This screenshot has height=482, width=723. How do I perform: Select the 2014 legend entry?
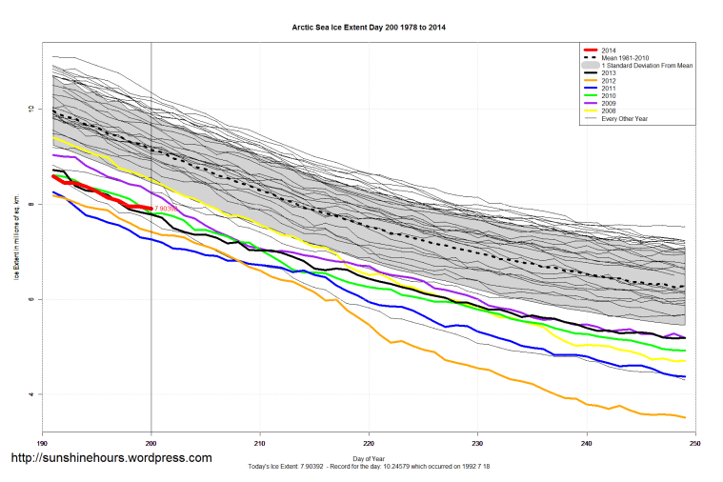(609, 49)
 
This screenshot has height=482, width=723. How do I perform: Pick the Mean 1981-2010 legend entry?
(628, 57)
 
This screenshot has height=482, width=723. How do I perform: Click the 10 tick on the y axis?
(31, 110)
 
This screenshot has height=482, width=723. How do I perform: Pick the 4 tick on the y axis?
(31, 394)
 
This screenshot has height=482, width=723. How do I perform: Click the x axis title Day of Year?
(368, 458)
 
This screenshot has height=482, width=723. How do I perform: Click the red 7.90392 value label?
(167, 208)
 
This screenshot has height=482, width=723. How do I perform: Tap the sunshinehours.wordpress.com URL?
(110, 458)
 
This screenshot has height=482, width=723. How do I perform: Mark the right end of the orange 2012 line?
(684, 417)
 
